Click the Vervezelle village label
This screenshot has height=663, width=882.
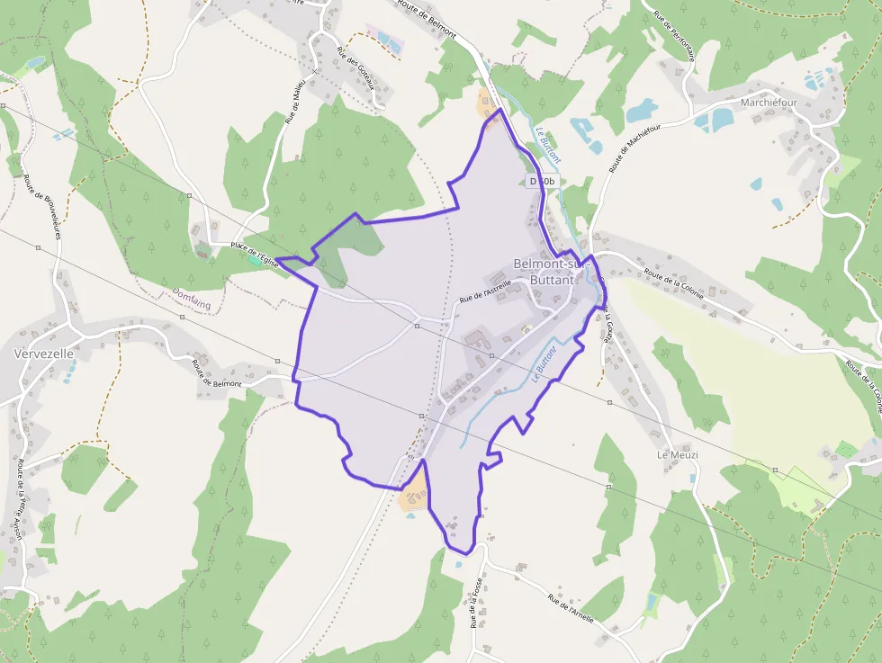click(x=43, y=354)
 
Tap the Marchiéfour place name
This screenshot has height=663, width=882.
click(x=769, y=103)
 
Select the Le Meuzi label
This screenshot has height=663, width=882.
click(x=677, y=454)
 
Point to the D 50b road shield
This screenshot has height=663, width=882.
click(x=542, y=181)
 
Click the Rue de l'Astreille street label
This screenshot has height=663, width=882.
click(x=485, y=291)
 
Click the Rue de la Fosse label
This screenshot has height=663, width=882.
click(x=474, y=602)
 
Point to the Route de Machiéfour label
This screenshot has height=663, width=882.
click(x=635, y=148)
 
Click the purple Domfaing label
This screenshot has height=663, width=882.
click(x=191, y=298)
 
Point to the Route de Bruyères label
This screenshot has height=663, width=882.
click(x=41, y=206)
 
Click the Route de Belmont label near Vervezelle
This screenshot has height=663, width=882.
click(x=217, y=372)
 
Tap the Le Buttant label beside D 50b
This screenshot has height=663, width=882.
click(x=548, y=143)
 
